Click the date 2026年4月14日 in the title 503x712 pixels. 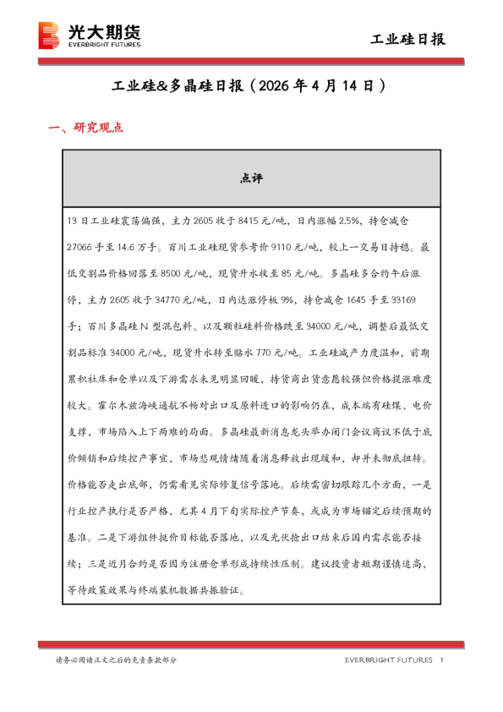(x=320, y=86)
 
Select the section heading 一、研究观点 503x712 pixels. (x=86, y=128)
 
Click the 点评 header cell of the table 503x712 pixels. (x=251, y=178)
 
